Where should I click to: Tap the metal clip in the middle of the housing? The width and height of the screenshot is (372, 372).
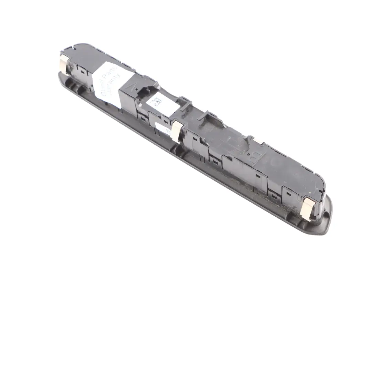(176, 131)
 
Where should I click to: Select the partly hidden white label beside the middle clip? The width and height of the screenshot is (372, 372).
(162, 129)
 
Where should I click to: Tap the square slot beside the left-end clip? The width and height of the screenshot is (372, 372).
(83, 72)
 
